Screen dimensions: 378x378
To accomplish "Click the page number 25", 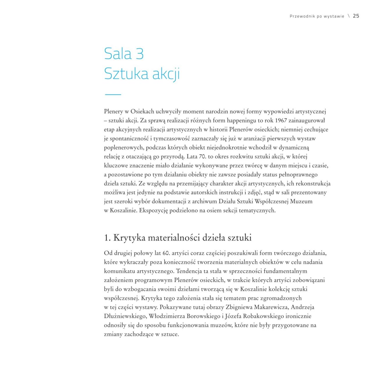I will (x=356, y=16).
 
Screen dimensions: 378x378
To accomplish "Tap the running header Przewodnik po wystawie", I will (x=317, y=16).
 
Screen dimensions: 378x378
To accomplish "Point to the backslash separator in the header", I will (x=349, y=16).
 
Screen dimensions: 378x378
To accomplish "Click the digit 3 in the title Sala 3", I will (x=139, y=54).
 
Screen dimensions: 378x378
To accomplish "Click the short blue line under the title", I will (x=113, y=94).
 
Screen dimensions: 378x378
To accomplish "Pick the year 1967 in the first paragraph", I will (x=281, y=120).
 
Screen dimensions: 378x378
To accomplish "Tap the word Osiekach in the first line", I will (x=142, y=111).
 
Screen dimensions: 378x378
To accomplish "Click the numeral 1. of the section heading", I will (x=107, y=238).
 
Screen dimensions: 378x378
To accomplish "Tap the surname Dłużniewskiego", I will (x=125, y=316).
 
